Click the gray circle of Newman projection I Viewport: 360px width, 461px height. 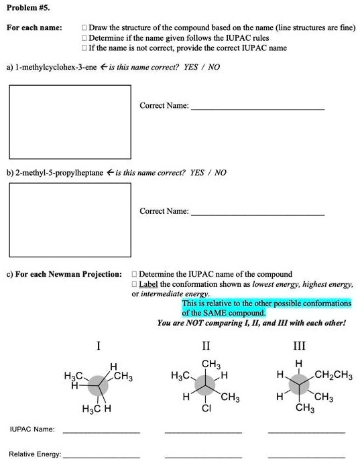tap(98, 387)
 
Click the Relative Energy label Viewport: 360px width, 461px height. tap(35, 454)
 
